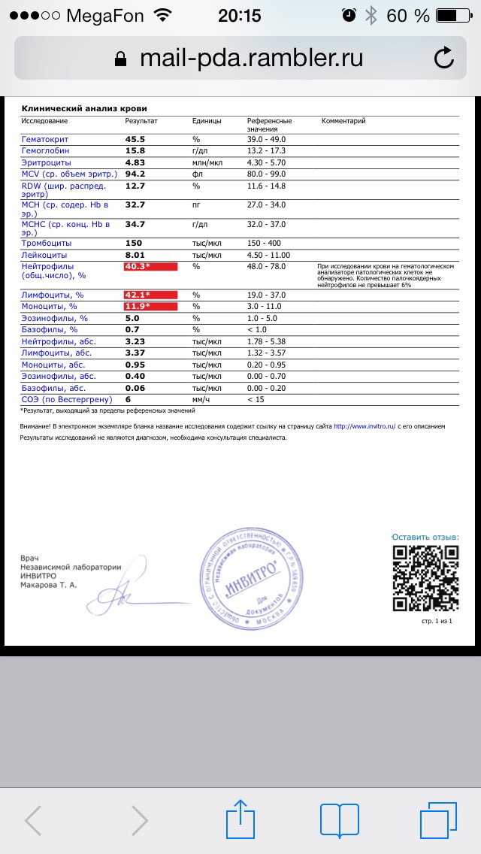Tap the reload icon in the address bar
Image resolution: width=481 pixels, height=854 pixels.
pyautogui.click(x=444, y=58)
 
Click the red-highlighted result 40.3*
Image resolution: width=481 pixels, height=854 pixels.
pyautogui.click(x=150, y=267)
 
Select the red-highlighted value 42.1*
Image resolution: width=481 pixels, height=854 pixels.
pyautogui.click(x=150, y=295)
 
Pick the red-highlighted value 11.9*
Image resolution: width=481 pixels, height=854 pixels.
pyautogui.click(x=150, y=306)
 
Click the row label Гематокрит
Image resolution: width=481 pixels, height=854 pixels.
pyautogui.click(x=46, y=139)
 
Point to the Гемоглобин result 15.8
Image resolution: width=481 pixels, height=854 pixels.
pyautogui.click(x=135, y=150)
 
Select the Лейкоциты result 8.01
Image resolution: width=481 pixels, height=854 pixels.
pyautogui.click(x=135, y=255)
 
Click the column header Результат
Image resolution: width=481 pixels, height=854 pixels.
pyautogui.click(x=141, y=120)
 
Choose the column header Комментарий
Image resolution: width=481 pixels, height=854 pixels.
pyautogui.click(x=343, y=120)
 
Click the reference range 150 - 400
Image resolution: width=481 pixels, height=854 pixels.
pyautogui.click(x=265, y=243)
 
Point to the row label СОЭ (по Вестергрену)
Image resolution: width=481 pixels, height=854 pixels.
pyautogui.click(x=66, y=399)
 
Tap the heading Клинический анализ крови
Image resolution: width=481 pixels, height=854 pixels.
pyautogui.click(x=84, y=108)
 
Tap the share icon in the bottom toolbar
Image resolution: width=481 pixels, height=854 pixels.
pyautogui.click(x=240, y=819)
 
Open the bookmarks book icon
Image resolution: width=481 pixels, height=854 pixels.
pyautogui.click(x=340, y=819)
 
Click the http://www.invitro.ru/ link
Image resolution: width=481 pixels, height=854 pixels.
pyautogui.click(x=364, y=426)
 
